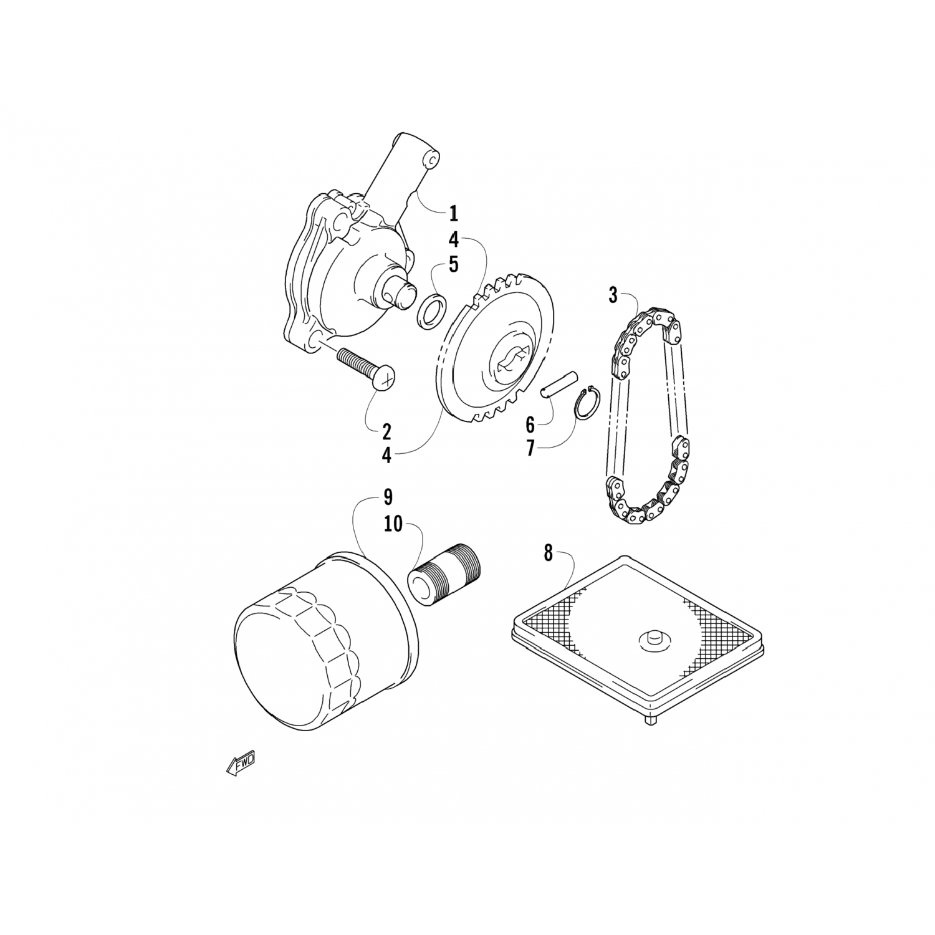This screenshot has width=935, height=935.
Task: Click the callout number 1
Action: [x=453, y=214]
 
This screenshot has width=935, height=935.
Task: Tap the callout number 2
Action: [x=386, y=431]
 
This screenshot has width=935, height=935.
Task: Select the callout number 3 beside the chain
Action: [x=613, y=295]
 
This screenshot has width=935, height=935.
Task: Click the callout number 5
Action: [x=453, y=264]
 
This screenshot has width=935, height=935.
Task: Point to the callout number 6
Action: [x=530, y=425]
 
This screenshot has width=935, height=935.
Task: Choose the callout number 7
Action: [x=530, y=448]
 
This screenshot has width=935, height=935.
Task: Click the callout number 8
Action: [x=548, y=553]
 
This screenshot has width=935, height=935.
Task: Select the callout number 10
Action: [x=393, y=525]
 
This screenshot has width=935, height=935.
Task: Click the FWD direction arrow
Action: [x=241, y=762]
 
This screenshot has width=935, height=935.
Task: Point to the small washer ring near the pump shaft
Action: [x=432, y=310]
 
